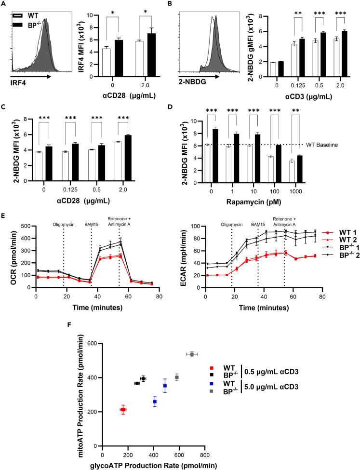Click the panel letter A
[3, 4]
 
